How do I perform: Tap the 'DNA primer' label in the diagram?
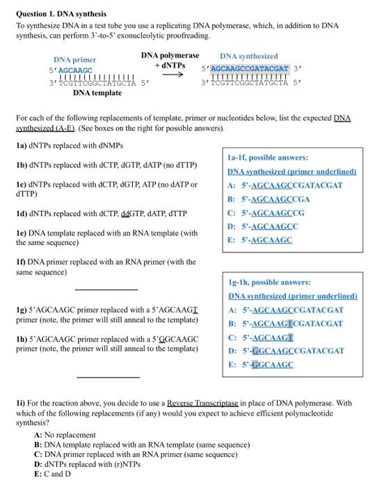click(74, 60)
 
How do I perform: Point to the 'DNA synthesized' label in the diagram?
click(248, 56)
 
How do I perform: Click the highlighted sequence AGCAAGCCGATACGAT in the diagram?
click(248, 69)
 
